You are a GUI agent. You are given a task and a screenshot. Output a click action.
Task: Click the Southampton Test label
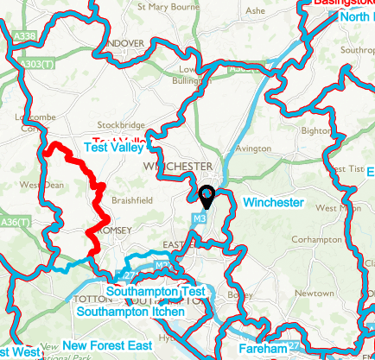[x=156, y=293]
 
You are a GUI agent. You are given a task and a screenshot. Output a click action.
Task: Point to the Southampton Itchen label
[x=130, y=311]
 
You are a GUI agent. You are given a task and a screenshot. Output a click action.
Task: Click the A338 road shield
[x=26, y=36]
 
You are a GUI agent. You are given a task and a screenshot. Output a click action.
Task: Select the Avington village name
[x=253, y=148]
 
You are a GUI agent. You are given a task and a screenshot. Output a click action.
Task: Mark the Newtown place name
[x=315, y=294]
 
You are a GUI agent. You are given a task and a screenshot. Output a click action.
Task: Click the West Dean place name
[x=41, y=185]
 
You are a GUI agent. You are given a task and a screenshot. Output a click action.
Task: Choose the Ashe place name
[x=256, y=10]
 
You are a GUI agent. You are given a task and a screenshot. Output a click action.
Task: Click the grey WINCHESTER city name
[x=179, y=166]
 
